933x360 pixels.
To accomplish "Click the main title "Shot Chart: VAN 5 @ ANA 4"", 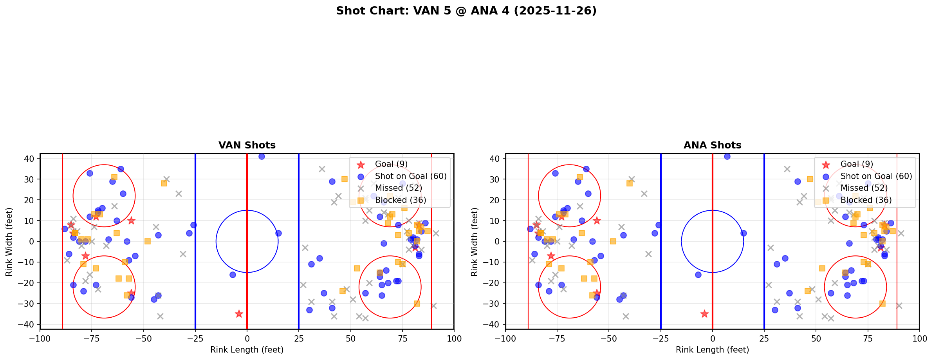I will coord(466,11).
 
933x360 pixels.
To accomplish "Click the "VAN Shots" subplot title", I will coord(247,145).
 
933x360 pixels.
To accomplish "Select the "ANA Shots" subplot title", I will coord(712,145).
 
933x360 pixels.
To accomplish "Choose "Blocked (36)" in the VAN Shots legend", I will coord(401,200).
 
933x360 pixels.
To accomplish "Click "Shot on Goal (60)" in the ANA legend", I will coord(876,176).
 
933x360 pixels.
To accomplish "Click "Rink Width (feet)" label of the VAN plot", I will coord(9,242).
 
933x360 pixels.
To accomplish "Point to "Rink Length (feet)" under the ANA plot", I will coord(712,350).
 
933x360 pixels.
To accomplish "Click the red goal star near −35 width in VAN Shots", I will coord(239,314).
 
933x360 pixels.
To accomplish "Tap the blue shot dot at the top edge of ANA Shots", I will coord(727,156).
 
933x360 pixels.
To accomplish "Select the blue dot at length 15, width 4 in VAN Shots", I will coord(278,233).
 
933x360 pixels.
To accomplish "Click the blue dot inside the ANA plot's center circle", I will coord(698,275).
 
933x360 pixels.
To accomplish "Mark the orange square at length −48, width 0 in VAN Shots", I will coord(148,241).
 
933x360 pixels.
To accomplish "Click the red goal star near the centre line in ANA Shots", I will coord(704,314).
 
